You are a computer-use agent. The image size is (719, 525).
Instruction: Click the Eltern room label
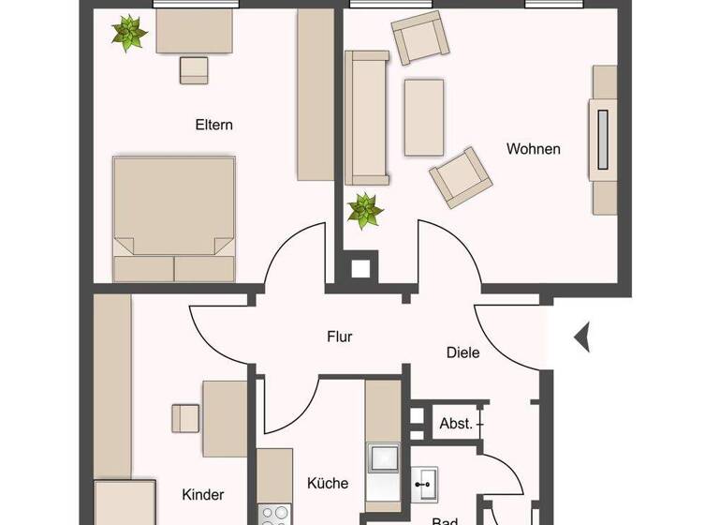coord(213,125)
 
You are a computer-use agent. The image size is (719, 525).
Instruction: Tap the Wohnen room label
coord(534,148)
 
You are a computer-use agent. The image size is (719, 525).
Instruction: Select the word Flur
coord(340,337)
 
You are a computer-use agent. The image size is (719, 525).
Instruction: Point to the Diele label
coord(462,352)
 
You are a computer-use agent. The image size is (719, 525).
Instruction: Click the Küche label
coord(328,484)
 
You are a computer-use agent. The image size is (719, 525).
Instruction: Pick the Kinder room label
coord(203,494)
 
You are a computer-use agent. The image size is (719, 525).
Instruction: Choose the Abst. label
coord(456,424)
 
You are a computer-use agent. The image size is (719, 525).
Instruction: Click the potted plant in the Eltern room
coord(129,34)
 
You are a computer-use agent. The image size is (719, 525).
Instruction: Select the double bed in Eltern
coord(173,217)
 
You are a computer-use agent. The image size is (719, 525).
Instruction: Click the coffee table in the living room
coord(424,117)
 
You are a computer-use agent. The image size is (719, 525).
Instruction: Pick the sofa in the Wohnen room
coord(367,118)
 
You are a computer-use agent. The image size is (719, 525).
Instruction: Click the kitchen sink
coord(384,458)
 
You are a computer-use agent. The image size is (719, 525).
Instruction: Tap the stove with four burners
coord(274,514)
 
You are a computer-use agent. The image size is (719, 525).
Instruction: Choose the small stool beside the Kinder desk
coord(185,416)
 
